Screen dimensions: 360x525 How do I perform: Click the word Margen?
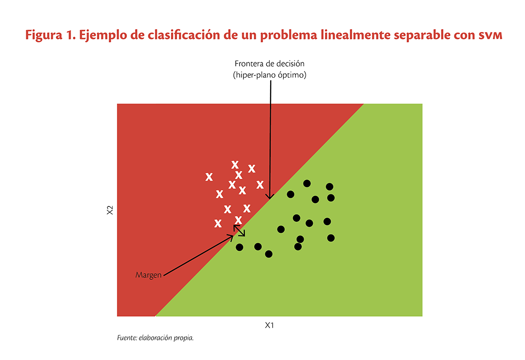pos(148,275)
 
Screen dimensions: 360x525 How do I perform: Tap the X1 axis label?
pos(270,325)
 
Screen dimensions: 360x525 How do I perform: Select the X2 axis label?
pos(110,210)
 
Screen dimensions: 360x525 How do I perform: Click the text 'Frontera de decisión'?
pos(269,64)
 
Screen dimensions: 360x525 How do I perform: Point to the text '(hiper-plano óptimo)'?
pos(269,75)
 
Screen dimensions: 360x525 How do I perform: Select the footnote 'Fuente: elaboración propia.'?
pos(155,338)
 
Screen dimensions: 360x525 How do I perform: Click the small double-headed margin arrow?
pos(239,231)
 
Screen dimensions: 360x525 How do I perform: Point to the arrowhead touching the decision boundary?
pos(270,197)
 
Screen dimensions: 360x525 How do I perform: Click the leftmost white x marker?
pos(209,177)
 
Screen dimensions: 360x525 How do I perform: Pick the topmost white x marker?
pos(235,165)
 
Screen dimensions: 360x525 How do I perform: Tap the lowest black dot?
pos(269,254)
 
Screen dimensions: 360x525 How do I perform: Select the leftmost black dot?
pos(240,247)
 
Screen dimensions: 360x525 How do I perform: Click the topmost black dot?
pos(307,183)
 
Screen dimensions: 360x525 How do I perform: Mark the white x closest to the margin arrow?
pos(239,219)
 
